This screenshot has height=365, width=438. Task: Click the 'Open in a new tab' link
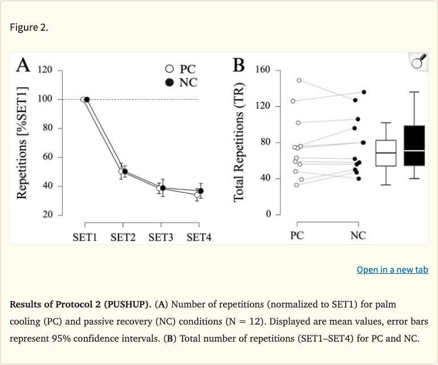pyautogui.click(x=392, y=269)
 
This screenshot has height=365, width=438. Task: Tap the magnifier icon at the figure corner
pyautogui.click(x=419, y=62)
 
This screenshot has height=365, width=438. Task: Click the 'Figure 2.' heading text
pyautogui.click(x=29, y=27)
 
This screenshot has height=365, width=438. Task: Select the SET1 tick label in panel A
pyautogui.click(x=85, y=237)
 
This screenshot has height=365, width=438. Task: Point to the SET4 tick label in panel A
pyautogui.click(x=198, y=237)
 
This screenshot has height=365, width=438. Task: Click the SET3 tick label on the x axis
pyautogui.click(x=161, y=237)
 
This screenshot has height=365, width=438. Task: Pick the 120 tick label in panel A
pyautogui.click(x=45, y=71)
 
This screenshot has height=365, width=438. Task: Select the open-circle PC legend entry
pyautogui.click(x=180, y=70)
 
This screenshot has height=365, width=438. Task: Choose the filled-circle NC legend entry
pyautogui.click(x=180, y=83)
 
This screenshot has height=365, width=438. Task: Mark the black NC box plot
pyautogui.click(x=414, y=146)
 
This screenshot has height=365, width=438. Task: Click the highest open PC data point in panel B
pyautogui.click(x=299, y=80)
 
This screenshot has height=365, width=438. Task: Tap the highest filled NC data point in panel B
pyautogui.click(x=364, y=92)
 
